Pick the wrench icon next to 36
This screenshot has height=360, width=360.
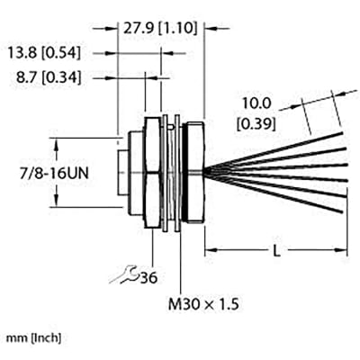[126, 276]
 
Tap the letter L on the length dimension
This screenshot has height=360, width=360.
[275, 252]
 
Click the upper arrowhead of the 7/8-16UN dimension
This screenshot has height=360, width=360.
[59, 140]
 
